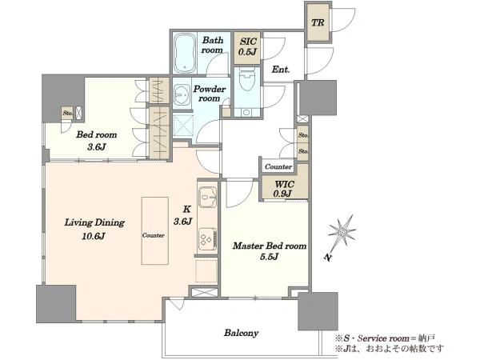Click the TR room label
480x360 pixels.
point(318,22)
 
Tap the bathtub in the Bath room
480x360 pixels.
point(185,54)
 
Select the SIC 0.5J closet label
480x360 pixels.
point(247,46)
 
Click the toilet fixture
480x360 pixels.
point(246,79)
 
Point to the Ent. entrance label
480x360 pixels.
point(281,70)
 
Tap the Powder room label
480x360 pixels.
point(210,94)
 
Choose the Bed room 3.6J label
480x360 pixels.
point(97,141)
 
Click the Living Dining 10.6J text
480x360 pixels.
point(94,229)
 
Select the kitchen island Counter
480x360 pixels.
point(154,231)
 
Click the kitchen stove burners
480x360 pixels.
point(208,238)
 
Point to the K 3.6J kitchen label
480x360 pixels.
point(183,215)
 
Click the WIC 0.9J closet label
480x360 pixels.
point(284,189)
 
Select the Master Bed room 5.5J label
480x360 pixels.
point(270,251)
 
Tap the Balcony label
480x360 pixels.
point(242,333)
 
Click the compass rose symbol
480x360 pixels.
point(342,232)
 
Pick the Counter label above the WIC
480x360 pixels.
point(278,167)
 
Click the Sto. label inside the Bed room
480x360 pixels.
point(68,113)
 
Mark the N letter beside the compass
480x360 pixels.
point(328,258)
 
